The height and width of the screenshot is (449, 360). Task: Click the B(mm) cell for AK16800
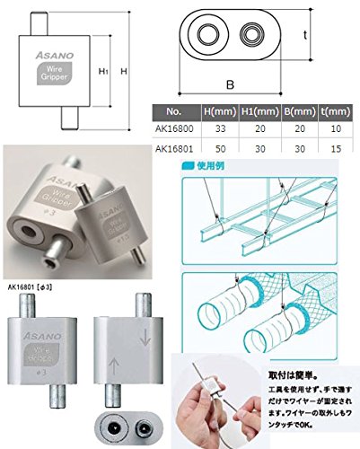click(302, 129)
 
